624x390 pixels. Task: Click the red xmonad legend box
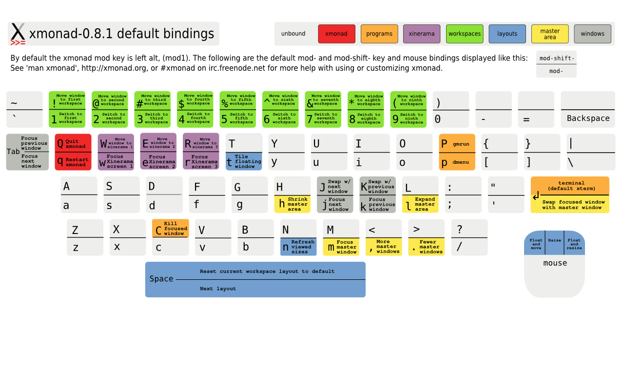pos(336,34)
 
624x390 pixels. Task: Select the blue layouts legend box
pos(507,34)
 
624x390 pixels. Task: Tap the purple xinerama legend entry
pos(422,34)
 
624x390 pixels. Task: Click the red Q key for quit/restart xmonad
pos(73,152)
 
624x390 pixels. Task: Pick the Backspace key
pos(588,110)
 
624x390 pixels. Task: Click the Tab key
pos(27,152)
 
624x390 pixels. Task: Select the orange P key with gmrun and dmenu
pos(457,152)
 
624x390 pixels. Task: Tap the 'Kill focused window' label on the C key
pos(175,229)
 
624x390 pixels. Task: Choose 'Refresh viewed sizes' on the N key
pos(303,247)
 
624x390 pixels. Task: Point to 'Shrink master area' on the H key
pos(297,204)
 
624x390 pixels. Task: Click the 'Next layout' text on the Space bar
pos(218,289)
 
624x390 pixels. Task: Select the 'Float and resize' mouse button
pos(574,244)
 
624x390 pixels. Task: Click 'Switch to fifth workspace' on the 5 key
pos(241,118)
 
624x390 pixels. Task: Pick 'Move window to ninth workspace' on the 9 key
pos(411,100)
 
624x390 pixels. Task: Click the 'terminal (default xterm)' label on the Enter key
pos(571,186)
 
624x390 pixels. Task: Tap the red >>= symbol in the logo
pos(18,43)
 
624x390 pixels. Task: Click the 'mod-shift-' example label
pos(557,58)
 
